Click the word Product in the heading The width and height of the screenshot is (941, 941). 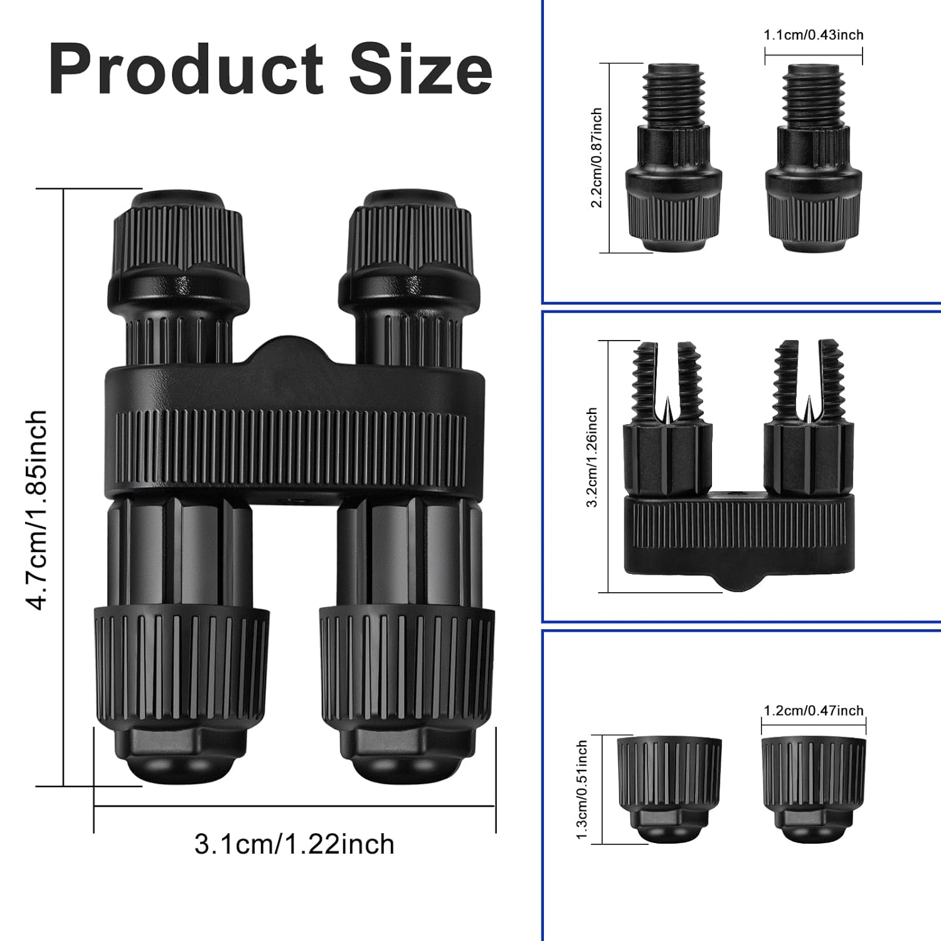(x=186, y=69)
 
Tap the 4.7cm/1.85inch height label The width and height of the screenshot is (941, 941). (x=36, y=509)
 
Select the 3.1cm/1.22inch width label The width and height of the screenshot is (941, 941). (x=294, y=844)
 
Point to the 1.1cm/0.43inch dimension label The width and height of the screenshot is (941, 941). (x=814, y=35)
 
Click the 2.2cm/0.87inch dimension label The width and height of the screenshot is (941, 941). (x=597, y=157)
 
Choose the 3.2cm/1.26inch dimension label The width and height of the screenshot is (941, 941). (x=592, y=457)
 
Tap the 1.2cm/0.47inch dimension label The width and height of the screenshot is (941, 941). (x=814, y=711)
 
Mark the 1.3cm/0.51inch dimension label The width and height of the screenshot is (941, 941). (x=582, y=790)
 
